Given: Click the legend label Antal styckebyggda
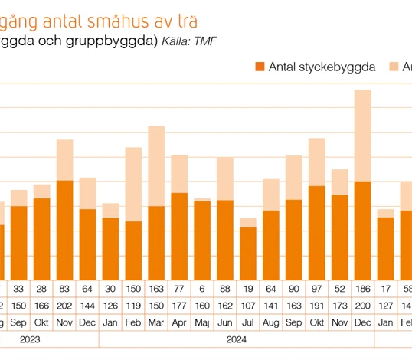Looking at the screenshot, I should (x=321, y=67).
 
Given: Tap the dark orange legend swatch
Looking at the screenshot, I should (x=260, y=67).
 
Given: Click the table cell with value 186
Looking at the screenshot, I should (x=362, y=289).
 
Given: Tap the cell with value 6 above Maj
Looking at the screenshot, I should (x=202, y=289).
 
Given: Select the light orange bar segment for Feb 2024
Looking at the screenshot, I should (x=133, y=184).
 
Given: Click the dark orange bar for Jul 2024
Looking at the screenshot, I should (x=248, y=253).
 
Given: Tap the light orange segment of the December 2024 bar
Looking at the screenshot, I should (x=362, y=135).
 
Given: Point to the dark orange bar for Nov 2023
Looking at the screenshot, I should (x=64, y=230).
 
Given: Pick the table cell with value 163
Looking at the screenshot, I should (x=156, y=289).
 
